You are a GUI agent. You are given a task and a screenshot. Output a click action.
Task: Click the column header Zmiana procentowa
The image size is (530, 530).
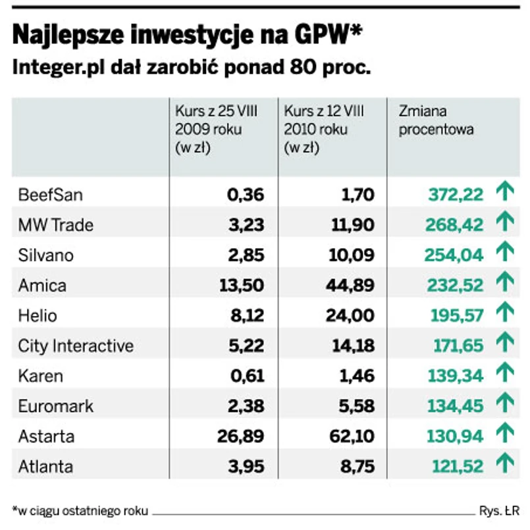436,120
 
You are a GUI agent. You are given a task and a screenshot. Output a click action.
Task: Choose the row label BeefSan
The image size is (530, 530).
51,195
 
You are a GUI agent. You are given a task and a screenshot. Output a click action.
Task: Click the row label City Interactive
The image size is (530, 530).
76,346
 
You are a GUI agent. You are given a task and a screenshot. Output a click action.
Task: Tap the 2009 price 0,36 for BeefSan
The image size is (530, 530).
245,195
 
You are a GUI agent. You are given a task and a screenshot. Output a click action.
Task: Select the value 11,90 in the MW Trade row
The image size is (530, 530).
353,225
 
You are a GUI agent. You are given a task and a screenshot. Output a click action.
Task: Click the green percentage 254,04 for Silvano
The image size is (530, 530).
454,255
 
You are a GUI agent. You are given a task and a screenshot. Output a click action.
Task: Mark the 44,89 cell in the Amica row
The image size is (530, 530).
352,286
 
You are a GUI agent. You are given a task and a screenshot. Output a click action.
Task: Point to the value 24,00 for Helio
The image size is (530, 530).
352,316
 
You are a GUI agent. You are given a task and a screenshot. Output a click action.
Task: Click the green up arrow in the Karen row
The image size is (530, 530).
504,375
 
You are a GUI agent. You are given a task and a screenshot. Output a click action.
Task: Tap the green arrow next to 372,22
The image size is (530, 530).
504,194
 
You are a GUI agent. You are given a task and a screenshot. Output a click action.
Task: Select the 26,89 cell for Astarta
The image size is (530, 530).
240,437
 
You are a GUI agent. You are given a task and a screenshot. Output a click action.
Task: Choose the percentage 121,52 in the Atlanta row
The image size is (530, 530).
458,467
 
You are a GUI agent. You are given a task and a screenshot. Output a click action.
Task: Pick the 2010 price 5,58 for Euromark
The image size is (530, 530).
356,406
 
